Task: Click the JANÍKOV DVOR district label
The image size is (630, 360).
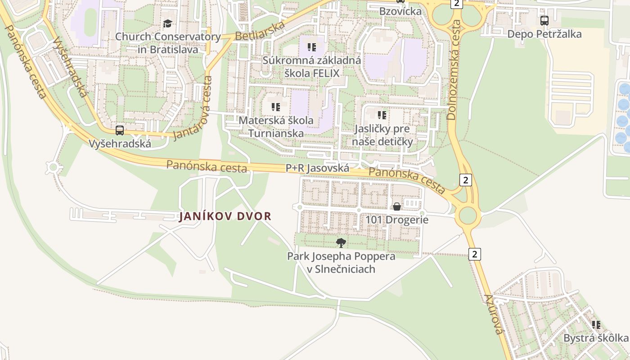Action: pos(225,216)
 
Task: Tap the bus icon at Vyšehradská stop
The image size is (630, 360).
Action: pos(120,130)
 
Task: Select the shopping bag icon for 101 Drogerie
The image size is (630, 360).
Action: pos(397,207)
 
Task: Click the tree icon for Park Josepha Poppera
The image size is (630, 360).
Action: pos(341,243)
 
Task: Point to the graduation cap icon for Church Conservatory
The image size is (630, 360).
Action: pos(167,23)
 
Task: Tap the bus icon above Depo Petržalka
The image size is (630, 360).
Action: pos(544,20)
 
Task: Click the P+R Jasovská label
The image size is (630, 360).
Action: pos(318,168)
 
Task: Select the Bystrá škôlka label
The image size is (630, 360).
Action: pos(595,338)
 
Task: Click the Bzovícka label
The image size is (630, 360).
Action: pos(400,11)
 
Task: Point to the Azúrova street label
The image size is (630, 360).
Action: pos(494,314)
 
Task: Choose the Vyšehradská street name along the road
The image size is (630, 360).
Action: pos(70,67)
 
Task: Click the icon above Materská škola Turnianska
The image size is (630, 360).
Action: pos(276,107)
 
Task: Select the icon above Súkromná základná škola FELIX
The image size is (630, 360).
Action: pos(312,47)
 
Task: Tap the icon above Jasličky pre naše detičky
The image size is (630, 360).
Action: pos(382,115)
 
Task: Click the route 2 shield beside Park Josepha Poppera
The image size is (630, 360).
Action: pos(474,254)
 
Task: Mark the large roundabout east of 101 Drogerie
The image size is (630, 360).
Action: pos(468,216)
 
